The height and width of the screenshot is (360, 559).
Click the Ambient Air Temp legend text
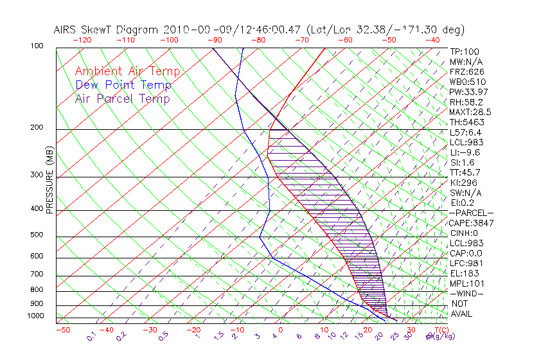[128, 71]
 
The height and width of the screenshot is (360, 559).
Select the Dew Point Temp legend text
[123, 85]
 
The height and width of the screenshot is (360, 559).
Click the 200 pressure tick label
[37, 127]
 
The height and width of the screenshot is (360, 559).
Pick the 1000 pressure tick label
[35, 316]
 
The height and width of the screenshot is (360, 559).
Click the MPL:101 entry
[467, 283]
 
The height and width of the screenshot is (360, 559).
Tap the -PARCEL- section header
[471, 213]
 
